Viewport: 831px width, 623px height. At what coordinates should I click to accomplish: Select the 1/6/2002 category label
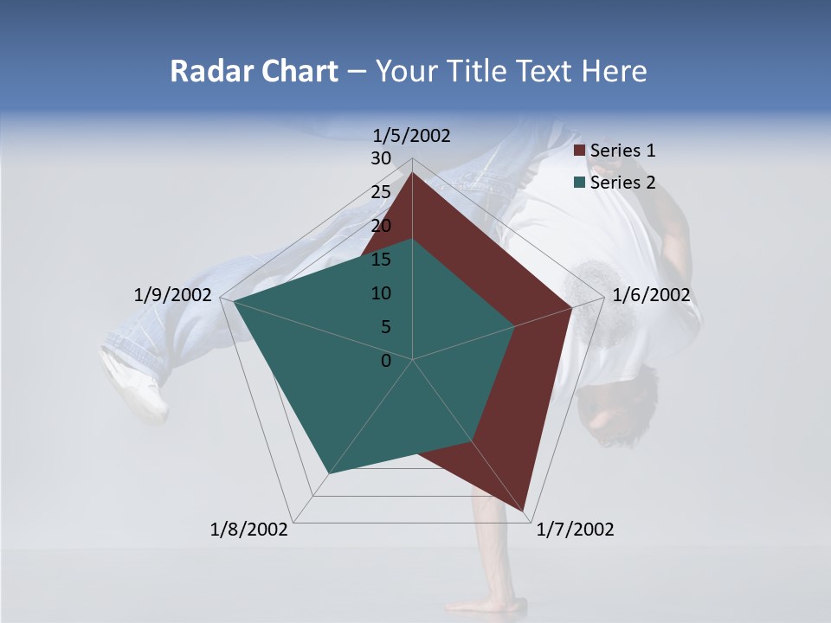click(651, 295)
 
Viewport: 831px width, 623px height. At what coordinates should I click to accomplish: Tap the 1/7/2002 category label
click(575, 530)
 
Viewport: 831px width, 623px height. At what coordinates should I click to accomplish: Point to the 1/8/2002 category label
click(249, 530)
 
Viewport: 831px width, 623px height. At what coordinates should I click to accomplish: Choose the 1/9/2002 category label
click(173, 295)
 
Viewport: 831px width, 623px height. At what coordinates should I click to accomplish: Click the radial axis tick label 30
click(381, 158)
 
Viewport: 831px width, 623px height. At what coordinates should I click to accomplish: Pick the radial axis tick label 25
click(381, 192)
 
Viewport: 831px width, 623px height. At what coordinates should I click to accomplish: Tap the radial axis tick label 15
click(381, 260)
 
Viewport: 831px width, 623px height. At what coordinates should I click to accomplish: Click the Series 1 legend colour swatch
click(580, 151)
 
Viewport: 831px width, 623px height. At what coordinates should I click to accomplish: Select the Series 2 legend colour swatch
click(580, 183)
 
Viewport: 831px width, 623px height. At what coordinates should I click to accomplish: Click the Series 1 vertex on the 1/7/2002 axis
click(525, 510)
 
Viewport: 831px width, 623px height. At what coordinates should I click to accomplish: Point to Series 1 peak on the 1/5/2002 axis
click(412, 174)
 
